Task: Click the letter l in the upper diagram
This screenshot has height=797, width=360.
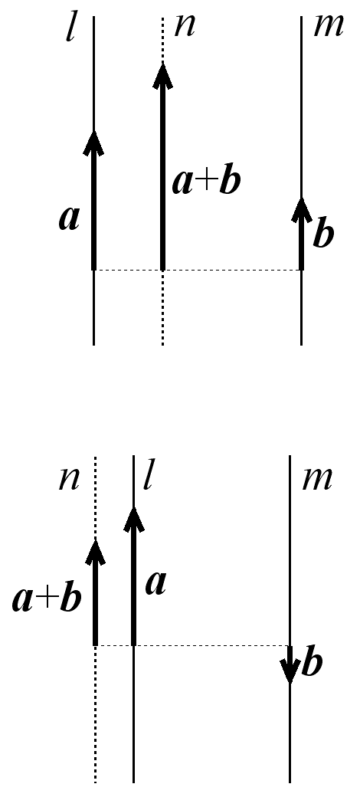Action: [x=70, y=30]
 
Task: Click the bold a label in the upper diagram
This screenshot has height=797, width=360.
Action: [x=69, y=219]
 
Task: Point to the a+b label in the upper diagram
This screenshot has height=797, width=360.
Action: [x=205, y=182]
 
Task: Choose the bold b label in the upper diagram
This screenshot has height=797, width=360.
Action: [x=323, y=233]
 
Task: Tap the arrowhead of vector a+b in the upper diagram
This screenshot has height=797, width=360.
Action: [x=162, y=75]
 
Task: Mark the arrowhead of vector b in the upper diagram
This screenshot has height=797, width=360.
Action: [x=302, y=209]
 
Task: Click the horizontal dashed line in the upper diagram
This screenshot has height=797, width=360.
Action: [x=198, y=270]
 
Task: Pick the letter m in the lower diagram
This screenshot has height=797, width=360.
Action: [x=317, y=479]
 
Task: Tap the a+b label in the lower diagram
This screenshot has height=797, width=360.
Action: [x=47, y=599]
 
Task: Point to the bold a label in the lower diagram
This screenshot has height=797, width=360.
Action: [x=156, y=585]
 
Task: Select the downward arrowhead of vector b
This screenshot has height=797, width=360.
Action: [x=290, y=671]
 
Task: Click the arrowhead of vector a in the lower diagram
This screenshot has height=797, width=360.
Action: [x=134, y=520]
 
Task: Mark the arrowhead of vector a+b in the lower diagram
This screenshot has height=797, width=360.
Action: [x=95, y=551]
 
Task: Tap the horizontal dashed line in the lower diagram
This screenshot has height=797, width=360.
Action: [x=192, y=645]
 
